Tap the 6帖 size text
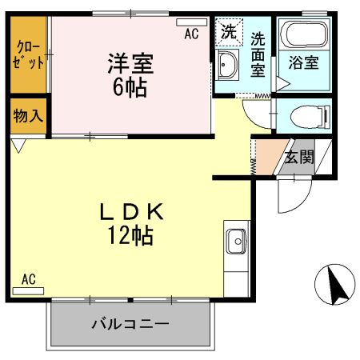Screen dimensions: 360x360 130,86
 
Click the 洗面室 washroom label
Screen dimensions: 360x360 258,54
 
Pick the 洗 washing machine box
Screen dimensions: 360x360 229,34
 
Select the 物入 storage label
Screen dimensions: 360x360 28,116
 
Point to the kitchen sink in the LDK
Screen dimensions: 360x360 237,239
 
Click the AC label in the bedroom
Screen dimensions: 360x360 191,34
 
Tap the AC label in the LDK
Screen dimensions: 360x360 28,279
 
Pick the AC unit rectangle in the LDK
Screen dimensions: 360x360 28,290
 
